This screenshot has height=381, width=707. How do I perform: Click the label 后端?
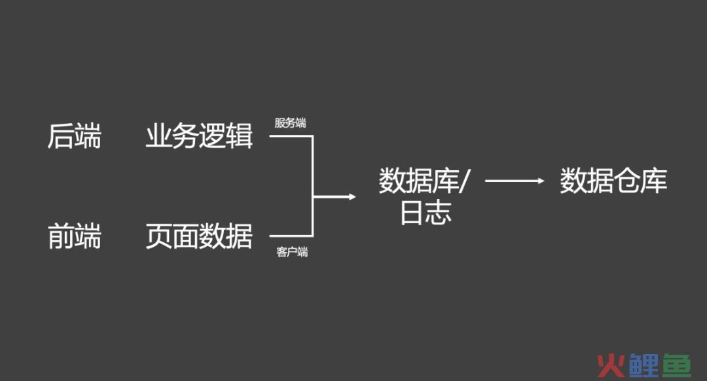(75, 136)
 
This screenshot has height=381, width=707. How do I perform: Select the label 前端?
(75, 236)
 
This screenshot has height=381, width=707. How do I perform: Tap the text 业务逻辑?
(199, 136)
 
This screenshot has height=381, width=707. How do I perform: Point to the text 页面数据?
(199, 236)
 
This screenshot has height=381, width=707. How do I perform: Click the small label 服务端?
(291, 122)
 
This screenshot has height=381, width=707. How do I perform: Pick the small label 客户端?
(292, 251)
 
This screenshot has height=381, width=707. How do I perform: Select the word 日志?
(426, 213)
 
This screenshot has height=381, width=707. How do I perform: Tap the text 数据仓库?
(613, 181)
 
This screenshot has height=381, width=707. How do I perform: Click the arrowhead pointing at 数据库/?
(352, 196)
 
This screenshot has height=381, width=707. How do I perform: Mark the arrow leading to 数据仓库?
(515, 181)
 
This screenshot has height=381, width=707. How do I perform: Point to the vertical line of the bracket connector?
(312, 186)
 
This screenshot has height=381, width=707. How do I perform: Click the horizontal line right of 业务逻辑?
(291, 136)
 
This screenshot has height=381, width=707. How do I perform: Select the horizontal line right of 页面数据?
(291, 236)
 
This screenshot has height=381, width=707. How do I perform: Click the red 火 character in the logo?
(611, 365)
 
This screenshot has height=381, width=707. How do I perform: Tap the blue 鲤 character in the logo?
(644, 365)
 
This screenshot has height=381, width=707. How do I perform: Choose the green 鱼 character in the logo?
(676, 365)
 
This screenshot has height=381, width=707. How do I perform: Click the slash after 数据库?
(464, 181)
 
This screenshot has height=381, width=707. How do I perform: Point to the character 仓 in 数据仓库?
(626, 181)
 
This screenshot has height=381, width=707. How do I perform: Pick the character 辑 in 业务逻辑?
(240, 136)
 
